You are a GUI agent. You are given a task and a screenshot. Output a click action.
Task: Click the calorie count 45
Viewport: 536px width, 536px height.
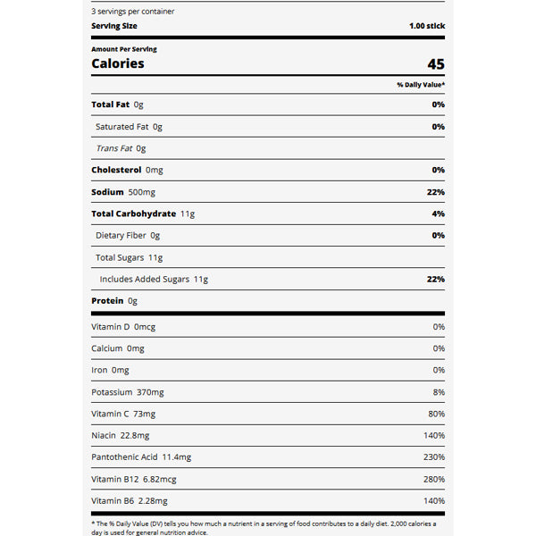pyautogui.click(x=435, y=64)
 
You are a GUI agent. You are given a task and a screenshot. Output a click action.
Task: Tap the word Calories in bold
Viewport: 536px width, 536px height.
pyautogui.click(x=117, y=64)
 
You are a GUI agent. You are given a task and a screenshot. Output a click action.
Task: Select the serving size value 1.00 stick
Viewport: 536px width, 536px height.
pyautogui.click(x=426, y=26)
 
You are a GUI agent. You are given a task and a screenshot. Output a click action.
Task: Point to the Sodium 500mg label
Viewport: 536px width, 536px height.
pyautogui.click(x=123, y=192)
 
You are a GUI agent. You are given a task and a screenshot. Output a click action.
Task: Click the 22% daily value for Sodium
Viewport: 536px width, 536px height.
pyautogui.click(x=436, y=192)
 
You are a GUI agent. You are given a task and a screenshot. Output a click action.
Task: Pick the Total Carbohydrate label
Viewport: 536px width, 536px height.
pyautogui.click(x=143, y=214)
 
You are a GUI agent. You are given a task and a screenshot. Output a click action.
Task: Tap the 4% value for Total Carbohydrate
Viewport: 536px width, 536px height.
pyautogui.click(x=438, y=214)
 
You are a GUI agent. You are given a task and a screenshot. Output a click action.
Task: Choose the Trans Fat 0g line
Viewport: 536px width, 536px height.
pyautogui.click(x=121, y=148)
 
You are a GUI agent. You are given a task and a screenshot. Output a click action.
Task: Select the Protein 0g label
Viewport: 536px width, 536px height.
pyautogui.click(x=114, y=301)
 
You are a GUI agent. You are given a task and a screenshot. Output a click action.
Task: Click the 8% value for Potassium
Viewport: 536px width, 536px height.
pyautogui.click(x=439, y=392)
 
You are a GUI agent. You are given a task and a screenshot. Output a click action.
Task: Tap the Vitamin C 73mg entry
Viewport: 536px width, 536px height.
pyautogui.click(x=123, y=414)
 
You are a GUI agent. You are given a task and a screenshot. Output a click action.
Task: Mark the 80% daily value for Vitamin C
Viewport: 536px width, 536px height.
pyautogui.click(x=437, y=414)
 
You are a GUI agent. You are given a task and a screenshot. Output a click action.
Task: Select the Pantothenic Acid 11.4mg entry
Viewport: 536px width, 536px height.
pyautogui.click(x=141, y=457)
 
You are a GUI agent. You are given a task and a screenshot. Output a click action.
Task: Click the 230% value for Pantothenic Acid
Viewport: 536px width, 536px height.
pyautogui.click(x=434, y=457)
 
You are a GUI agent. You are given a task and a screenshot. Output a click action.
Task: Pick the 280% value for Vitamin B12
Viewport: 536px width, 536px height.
pyautogui.click(x=434, y=479)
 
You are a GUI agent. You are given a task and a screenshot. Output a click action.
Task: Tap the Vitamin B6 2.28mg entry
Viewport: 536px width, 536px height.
pyautogui.click(x=129, y=501)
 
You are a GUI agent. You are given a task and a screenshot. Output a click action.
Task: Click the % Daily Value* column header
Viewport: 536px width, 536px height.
pyautogui.click(x=421, y=85)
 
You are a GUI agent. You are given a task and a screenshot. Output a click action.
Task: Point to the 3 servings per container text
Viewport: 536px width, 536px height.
pyautogui.click(x=133, y=12)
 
